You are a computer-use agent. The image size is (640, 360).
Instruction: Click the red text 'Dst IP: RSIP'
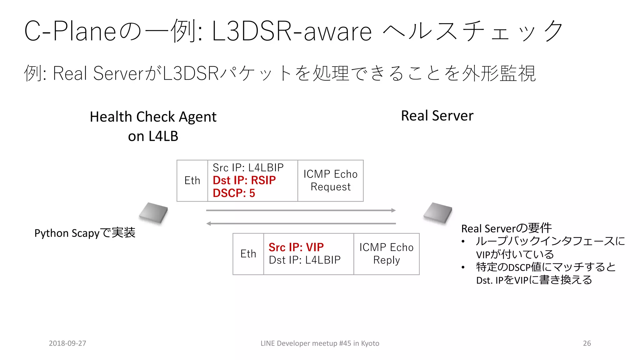point(244,180)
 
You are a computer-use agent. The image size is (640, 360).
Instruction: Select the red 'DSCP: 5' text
point(234,193)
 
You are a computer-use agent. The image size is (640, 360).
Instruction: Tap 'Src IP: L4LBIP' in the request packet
point(248,168)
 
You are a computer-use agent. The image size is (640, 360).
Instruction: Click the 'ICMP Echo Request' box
point(330,181)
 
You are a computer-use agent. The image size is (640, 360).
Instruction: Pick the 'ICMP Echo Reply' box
point(386,254)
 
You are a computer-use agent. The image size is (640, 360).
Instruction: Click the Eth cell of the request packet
point(192,181)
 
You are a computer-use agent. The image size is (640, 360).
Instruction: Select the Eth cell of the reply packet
point(248,254)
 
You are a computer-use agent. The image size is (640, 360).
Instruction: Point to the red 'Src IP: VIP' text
point(296,247)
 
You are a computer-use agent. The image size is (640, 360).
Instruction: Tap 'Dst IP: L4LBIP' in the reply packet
point(305,260)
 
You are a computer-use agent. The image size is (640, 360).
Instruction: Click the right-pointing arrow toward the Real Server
point(301,210)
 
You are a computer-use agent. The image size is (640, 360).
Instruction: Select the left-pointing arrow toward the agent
point(301,223)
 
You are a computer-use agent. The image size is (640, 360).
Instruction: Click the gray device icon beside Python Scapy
point(153,213)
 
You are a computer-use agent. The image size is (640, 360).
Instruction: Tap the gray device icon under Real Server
point(438,213)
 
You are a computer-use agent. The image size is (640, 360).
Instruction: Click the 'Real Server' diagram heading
point(437,116)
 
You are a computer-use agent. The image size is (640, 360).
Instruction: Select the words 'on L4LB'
point(153,136)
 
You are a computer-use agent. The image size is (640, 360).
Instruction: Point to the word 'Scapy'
point(85,233)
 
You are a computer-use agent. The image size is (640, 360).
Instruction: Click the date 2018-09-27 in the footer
point(67,343)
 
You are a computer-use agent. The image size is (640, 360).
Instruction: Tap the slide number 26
point(587,343)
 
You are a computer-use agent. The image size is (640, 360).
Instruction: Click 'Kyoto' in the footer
point(370,343)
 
